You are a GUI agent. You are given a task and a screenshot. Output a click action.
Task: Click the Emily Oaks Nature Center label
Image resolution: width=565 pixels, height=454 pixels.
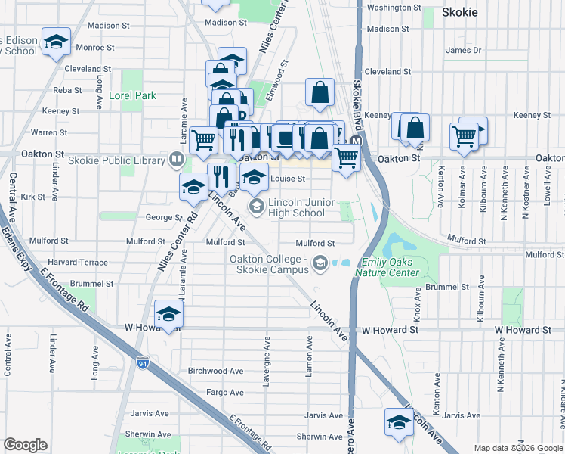[x=409, y=267]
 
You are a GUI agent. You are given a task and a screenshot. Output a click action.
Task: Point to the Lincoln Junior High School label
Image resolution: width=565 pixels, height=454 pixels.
[x=296, y=207]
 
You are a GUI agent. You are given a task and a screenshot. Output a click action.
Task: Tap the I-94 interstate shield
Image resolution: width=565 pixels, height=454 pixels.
[x=143, y=363]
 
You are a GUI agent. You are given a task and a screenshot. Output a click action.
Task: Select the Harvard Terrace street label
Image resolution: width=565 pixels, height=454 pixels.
[x=79, y=262]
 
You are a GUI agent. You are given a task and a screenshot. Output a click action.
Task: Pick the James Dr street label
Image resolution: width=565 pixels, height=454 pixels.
[x=464, y=51]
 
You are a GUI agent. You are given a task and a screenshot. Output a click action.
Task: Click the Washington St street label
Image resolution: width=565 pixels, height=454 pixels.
[x=394, y=8]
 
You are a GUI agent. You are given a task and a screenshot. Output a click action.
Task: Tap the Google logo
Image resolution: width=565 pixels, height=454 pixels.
[x=25, y=445]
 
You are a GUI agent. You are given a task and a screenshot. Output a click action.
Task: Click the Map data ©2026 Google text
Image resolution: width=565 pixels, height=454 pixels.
[x=518, y=448]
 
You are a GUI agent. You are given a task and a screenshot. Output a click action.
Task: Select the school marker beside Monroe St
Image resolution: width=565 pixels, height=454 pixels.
[x=56, y=42]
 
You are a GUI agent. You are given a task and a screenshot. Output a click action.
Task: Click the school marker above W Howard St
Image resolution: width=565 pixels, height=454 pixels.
[x=168, y=313]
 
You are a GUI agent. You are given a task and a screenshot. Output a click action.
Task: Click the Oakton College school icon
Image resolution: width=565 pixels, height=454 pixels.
[x=320, y=263]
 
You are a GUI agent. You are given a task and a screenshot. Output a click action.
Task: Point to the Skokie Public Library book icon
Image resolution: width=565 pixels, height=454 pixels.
[x=176, y=159]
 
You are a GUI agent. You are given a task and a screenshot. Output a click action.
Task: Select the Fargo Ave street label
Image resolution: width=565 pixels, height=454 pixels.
[x=225, y=393]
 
